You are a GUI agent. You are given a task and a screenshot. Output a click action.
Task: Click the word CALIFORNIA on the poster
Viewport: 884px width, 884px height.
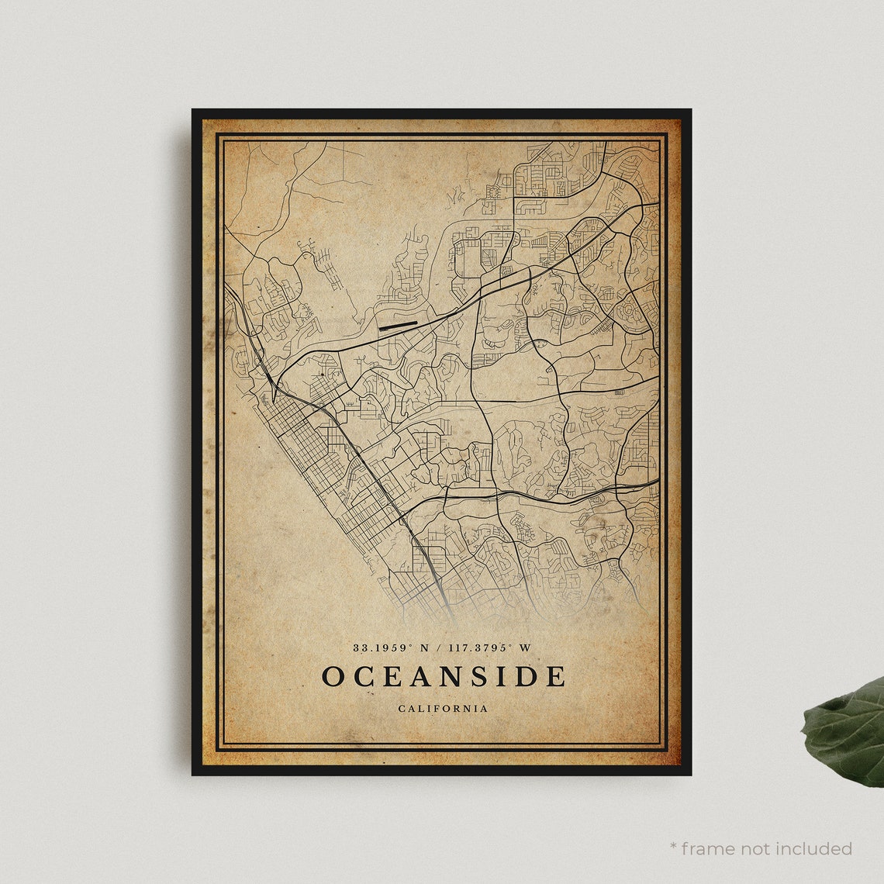[x=443, y=708]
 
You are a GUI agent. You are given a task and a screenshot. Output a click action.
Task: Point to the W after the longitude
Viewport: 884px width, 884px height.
[x=527, y=647]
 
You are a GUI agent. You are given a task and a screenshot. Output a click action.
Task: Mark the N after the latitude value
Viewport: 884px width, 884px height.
[x=425, y=647]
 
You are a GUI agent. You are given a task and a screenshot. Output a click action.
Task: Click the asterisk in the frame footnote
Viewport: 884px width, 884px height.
[x=674, y=848]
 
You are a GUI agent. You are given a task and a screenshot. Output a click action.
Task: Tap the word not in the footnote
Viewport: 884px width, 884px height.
[x=764, y=849]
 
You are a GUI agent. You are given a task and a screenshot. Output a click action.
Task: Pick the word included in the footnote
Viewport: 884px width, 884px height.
[x=818, y=849]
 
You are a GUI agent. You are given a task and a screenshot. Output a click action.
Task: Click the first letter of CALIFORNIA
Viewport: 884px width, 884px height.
[x=402, y=708]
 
